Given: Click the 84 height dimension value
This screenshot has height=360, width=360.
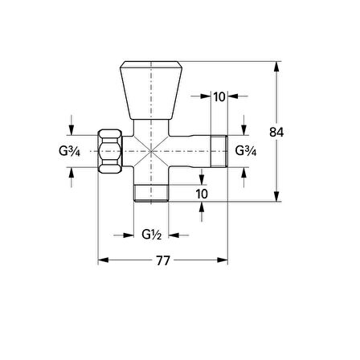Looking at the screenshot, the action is point(276,132).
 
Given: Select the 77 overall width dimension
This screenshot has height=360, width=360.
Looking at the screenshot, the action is point(163,260).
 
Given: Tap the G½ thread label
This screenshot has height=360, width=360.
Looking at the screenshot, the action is point(151,235).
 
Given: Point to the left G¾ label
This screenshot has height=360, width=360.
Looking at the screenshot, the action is point(69,151).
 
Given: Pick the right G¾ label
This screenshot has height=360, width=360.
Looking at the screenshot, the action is point(246,151).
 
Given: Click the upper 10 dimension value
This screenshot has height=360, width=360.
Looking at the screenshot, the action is point(219,96).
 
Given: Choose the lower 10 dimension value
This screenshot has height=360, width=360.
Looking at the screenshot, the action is point(202,194).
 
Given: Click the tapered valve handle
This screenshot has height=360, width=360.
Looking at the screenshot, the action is point(151,90).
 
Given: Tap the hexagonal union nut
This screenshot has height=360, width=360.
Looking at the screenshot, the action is point(109,151).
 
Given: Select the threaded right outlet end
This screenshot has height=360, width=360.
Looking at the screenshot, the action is point(219,151).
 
